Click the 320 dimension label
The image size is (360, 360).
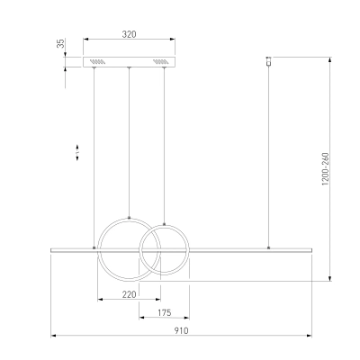(x=129, y=34)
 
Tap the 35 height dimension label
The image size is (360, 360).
(x=61, y=43)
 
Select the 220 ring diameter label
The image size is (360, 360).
(x=129, y=294)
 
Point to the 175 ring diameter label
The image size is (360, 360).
(x=164, y=313)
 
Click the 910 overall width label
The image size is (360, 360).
(x=181, y=330)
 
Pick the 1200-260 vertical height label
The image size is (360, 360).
(x=326, y=169)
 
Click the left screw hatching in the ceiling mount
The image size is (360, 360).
(x=97, y=62)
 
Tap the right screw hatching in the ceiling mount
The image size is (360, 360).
(x=161, y=62)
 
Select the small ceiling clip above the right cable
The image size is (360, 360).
(x=268, y=60)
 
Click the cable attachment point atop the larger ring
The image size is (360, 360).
(x=130, y=218)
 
